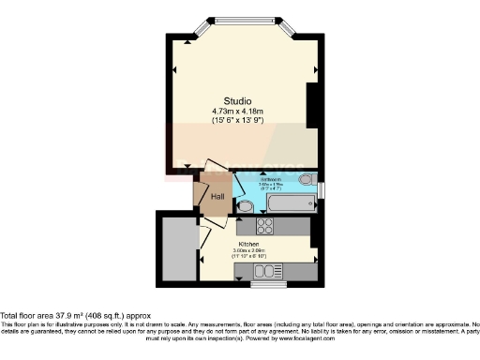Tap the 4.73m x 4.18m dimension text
coord(237,111)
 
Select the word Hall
coord(217,197)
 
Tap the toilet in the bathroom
coord(306,179)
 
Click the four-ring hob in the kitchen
coord(263,226)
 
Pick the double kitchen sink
coord(270,272)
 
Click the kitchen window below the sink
coord(270,283)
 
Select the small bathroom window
coord(320,191)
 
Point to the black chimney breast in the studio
coord(313,105)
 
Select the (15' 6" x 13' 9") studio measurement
coord(237,121)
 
